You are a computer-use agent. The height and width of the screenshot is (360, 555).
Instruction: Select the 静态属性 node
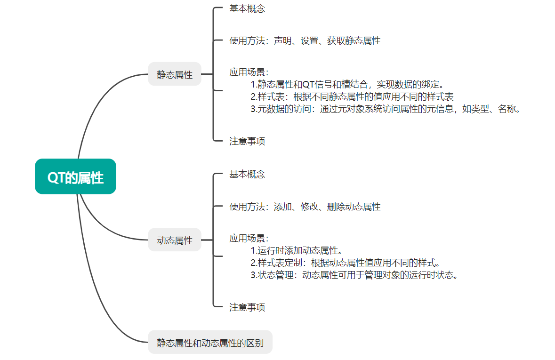pos(175,74)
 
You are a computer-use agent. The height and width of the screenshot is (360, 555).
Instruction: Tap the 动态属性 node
pos(175,240)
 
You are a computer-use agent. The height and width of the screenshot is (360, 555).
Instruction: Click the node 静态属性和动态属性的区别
pos(210,342)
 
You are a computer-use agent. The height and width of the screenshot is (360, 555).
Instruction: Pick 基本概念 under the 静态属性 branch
pos(247,8)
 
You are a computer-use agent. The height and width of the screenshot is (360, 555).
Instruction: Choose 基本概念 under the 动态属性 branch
pos(247,174)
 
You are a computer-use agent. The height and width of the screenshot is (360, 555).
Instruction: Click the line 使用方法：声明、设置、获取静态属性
pos(305,40)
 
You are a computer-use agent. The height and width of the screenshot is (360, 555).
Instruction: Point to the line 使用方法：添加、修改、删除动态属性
pos(305,206)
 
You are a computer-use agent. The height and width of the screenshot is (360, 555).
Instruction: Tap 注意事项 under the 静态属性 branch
pos(247,141)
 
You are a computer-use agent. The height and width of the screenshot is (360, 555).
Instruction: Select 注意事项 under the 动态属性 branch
pos(247,307)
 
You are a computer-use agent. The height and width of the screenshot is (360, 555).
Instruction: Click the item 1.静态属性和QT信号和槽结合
pos(347,85)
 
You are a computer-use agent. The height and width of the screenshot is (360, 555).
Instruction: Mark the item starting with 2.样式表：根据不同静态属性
pos(352,97)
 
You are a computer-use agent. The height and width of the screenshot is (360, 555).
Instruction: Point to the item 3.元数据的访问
pos(386,109)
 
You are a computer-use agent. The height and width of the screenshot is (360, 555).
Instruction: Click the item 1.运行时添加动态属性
pos(296,250)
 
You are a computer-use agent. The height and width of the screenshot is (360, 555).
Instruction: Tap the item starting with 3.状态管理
pos(354,275)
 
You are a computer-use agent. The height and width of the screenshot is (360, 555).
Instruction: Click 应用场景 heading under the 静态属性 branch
pos(249,72)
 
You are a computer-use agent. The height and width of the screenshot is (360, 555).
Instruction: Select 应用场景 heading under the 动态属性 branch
pos(249,238)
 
